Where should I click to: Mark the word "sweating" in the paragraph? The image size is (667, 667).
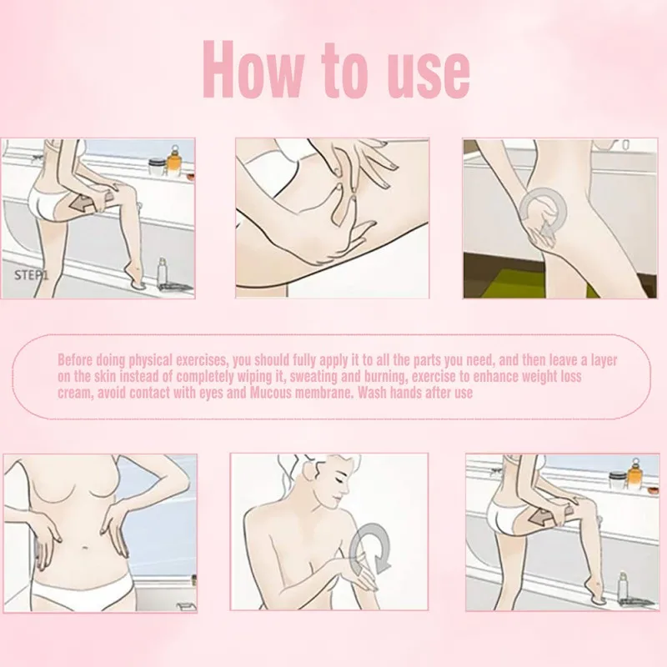[x=326, y=376]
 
